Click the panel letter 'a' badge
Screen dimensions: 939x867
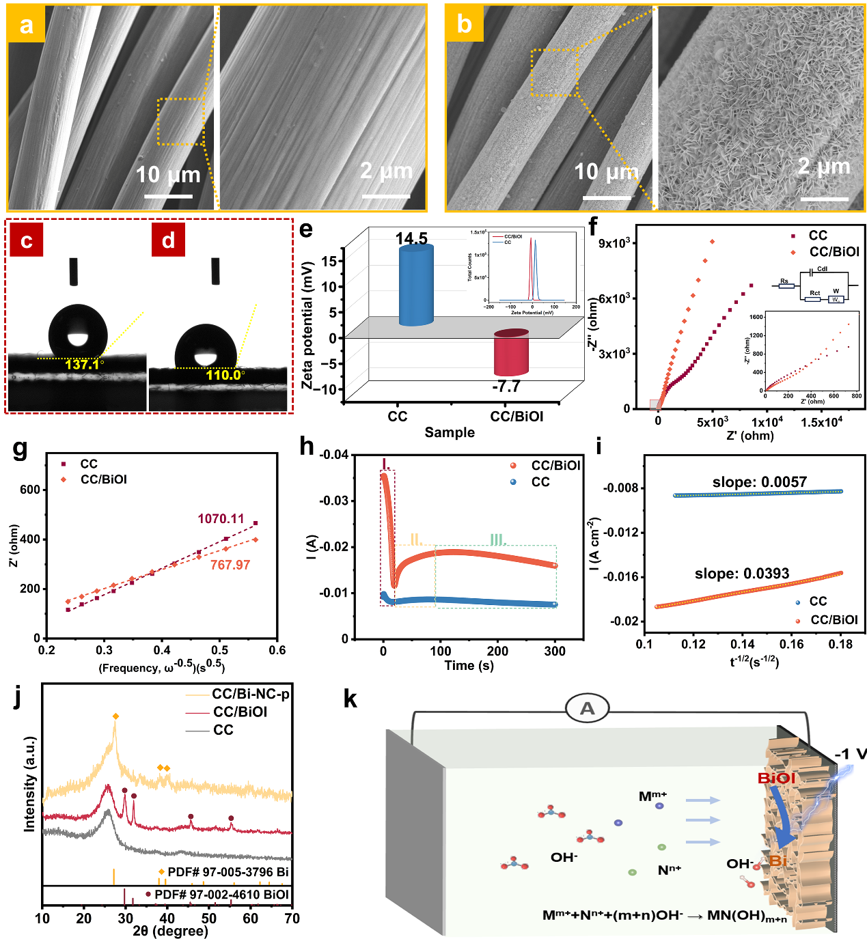pyautogui.click(x=26, y=25)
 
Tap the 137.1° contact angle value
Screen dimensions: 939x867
pyautogui.click(x=84, y=365)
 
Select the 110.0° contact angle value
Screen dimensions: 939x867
pyautogui.click(x=225, y=375)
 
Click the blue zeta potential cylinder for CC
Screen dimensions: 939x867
pyautogui.click(x=415, y=285)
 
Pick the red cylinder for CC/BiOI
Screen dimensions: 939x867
pyautogui.click(x=511, y=352)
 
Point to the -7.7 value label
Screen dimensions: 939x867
pyautogui.click(x=506, y=387)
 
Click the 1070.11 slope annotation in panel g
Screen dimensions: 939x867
pyautogui.click(x=221, y=519)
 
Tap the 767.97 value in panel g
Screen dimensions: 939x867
pyautogui.click(x=230, y=565)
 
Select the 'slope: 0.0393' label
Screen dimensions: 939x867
pyautogui.click(x=741, y=574)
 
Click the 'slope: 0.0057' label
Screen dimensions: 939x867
pyautogui.click(x=759, y=482)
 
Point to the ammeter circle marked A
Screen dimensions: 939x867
pyautogui.click(x=587, y=709)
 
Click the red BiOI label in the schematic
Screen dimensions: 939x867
pyautogui.click(x=776, y=779)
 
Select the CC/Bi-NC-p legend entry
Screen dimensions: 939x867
pyautogui.click(x=250, y=694)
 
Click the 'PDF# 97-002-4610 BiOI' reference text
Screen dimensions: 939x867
pyautogui.click(x=221, y=895)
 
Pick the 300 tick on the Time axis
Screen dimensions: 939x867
pyautogui.click(x=555, y=651)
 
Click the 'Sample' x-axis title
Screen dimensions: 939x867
pyautogui.click(x=450, y=432)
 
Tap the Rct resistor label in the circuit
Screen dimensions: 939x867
pyautogui.click(x=814, y=293)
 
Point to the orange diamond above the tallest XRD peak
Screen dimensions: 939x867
pyautogui.click(x=115, y=716)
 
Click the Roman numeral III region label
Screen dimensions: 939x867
pyautogui.click(x=497, y=540)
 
